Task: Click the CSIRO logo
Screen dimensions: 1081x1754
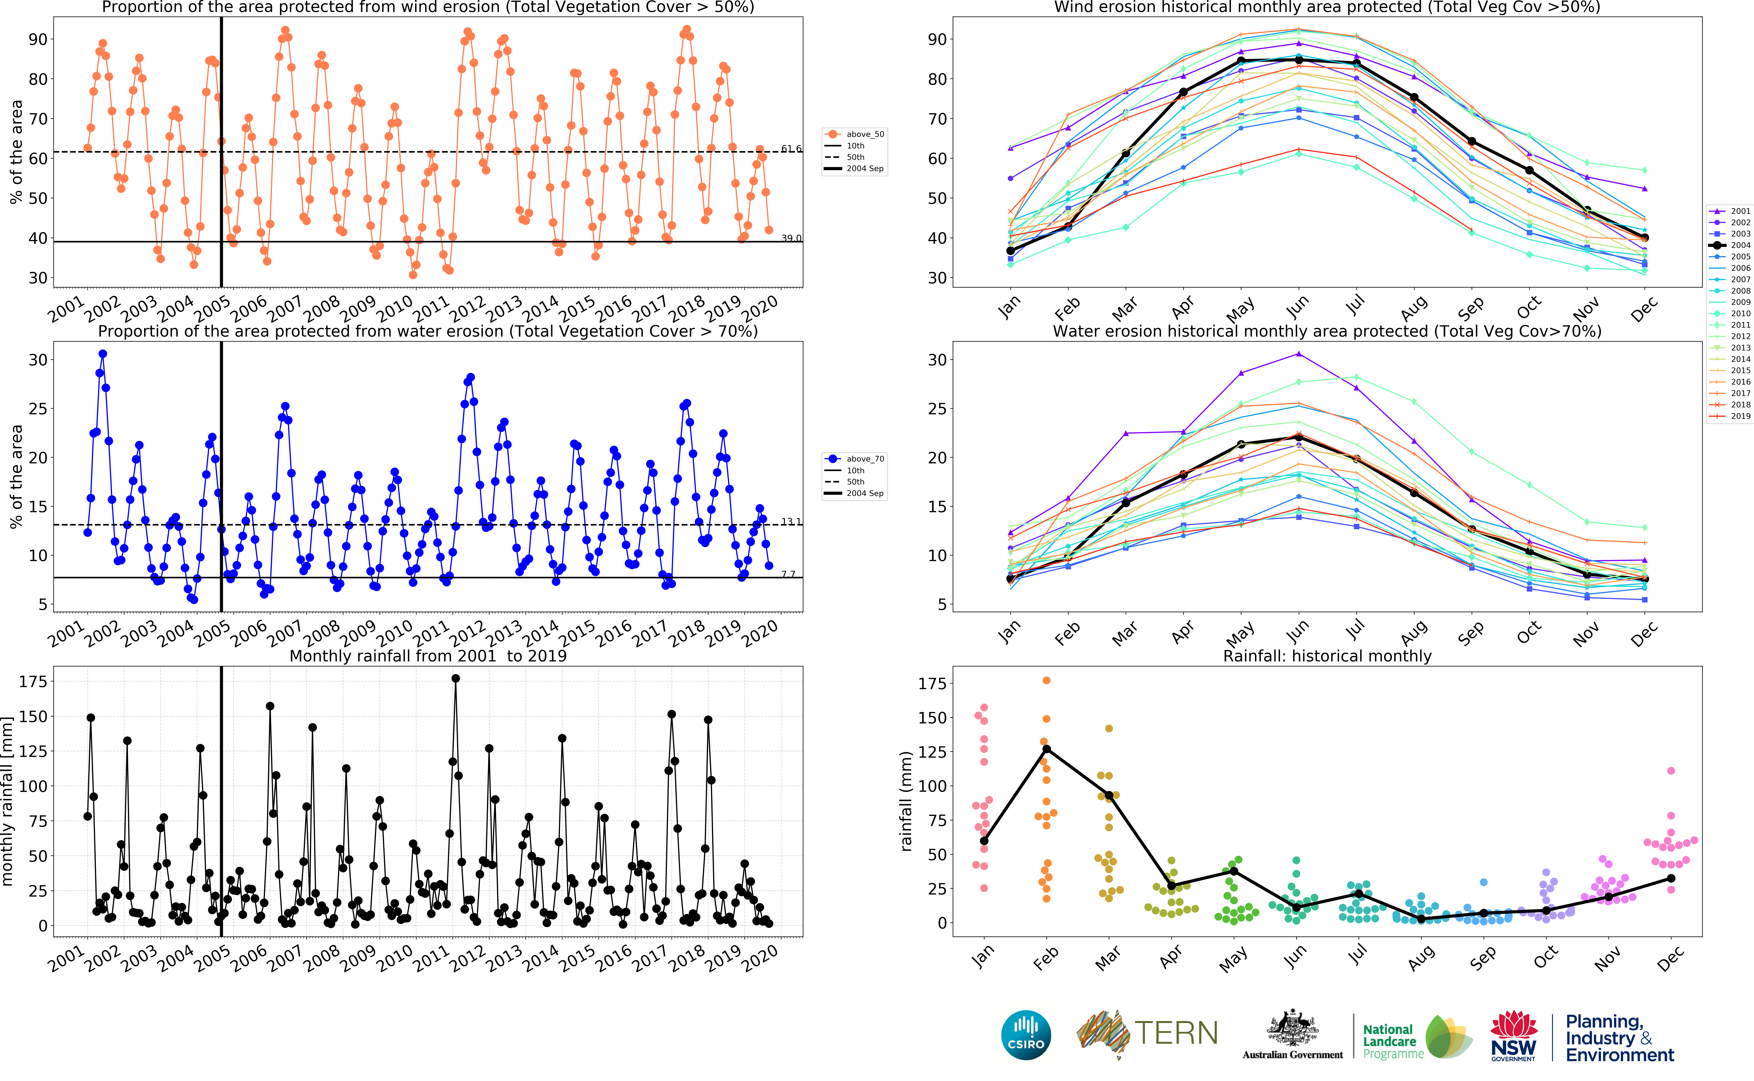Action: [1026, 1035]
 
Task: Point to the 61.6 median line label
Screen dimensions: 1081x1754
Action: [791, 149]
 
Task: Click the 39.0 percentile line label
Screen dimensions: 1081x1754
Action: [791, 238]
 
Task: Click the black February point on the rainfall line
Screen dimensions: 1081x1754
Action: [1047, 748]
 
